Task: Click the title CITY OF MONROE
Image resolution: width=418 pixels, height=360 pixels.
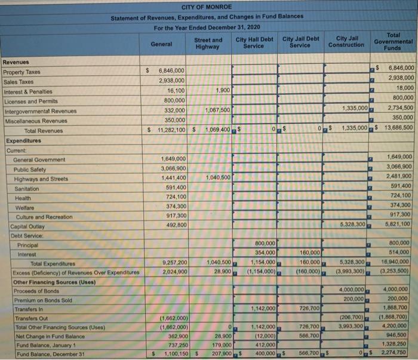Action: pyautogui.click(x=206, y=7)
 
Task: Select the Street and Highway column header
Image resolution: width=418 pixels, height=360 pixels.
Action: pyautogui.click(x=208, y=44)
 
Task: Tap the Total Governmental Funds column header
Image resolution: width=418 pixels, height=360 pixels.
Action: pyautogui.click(x=392, y=41)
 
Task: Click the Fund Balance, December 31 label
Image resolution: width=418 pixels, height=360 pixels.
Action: pyautogui.click(x=47, y=354)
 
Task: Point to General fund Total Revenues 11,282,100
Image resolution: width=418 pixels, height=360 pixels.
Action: pyautogui.click(x=169, y=130)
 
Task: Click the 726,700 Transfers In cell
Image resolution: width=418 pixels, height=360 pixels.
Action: pyautogui.click(x=309, y=308)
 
